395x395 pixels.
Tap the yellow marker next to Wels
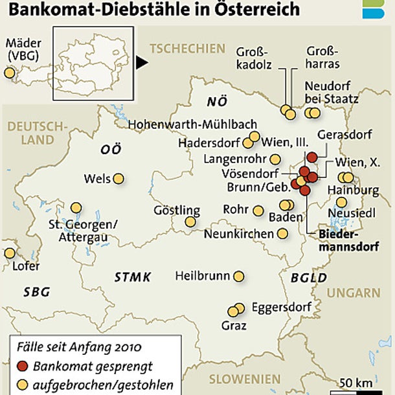(x=119, y=179)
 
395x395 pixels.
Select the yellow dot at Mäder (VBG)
(x=9, y=73)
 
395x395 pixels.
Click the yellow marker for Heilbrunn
(x=239, y=276)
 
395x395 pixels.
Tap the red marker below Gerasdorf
(x=311, y=157)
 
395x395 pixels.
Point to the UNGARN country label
(x=354, y=293)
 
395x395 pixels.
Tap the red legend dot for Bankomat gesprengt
(x=23, y=366)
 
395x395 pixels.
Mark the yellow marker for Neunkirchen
(x=282, y=234)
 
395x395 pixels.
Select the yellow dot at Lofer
(x=9, y=253)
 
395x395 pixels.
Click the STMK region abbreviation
(x=133, y=278)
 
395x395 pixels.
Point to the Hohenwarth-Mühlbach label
(x=193, y=124)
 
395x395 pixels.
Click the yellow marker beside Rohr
(x=258, y=210)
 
